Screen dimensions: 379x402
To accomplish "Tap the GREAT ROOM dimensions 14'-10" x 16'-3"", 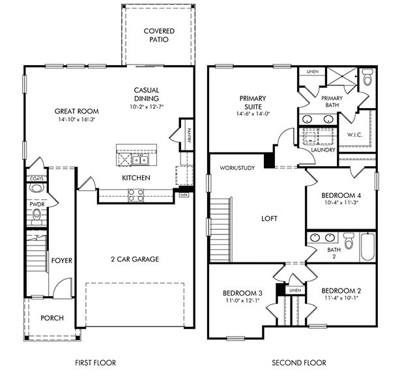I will coord(67,120).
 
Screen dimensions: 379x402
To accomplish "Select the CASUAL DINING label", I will coord(147,94).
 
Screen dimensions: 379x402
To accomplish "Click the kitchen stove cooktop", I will coord(135,192).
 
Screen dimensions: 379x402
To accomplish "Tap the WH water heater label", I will coord(184,194).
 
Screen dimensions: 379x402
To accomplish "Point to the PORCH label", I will coord(52,318).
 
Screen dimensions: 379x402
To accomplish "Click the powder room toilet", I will coord(35,189).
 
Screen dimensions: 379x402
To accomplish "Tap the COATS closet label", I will coord(35,178).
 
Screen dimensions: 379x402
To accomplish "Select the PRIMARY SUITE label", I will coord(253,103).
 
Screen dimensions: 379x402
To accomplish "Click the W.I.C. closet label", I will coord(355,135).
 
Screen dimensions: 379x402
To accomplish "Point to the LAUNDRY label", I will coord(323,150).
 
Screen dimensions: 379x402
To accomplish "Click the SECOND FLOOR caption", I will coord(299,363).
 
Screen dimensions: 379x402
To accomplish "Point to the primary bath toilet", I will coord(366,79).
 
